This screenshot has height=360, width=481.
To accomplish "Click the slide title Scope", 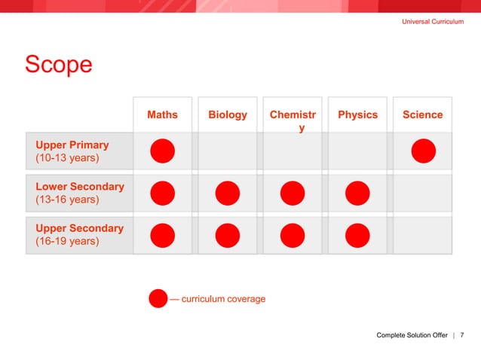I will (59, 65).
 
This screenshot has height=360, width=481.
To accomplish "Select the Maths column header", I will (162, 114).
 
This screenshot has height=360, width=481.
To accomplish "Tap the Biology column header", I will (227, 114).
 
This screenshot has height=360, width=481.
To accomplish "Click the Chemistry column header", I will (293, 121).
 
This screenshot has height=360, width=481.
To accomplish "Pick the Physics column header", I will (357, 114).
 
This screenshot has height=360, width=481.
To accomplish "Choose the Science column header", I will (422, 114).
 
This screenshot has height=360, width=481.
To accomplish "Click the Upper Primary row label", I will (72, 151).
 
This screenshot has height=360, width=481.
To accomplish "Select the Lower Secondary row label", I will (79, 193).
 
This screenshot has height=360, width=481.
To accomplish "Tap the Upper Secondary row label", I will (79, 235).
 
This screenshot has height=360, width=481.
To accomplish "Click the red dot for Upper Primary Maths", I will (162, 151).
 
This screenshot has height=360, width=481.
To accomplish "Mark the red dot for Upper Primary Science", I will (423, 151).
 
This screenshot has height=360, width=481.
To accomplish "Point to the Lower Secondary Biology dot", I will (227, 194).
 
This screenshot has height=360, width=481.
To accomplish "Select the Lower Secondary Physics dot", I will (357, 194).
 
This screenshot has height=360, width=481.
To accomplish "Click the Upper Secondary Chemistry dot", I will (293, 236).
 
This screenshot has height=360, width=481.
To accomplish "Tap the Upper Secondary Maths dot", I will (162, 236).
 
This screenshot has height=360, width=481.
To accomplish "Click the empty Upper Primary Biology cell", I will (227, 151).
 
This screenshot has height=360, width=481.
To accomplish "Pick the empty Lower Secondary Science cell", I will (423, 194).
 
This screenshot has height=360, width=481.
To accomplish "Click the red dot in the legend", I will (158, 299).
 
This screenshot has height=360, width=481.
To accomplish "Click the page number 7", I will (462, 334).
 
